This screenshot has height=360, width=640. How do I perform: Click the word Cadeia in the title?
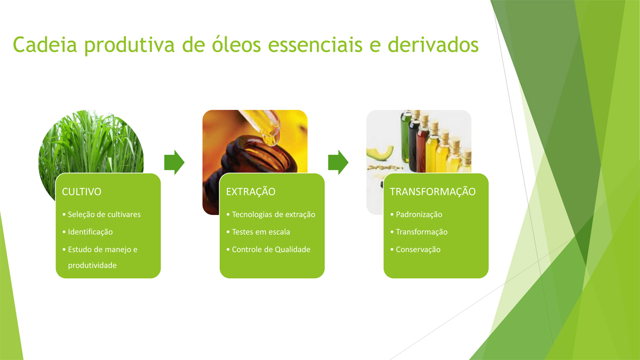[45, 45]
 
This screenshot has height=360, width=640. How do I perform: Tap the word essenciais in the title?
[315, 45]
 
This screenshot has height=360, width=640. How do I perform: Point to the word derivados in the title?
[433, 45]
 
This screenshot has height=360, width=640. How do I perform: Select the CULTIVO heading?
[82, 191]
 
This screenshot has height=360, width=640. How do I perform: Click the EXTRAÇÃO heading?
[251, 191]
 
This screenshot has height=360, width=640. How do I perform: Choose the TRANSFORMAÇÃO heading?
[433, 191]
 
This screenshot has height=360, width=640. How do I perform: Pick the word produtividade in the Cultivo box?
[92, 266]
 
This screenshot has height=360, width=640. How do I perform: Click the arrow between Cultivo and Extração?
[174, 162]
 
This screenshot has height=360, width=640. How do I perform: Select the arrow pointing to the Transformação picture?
[338, 162]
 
